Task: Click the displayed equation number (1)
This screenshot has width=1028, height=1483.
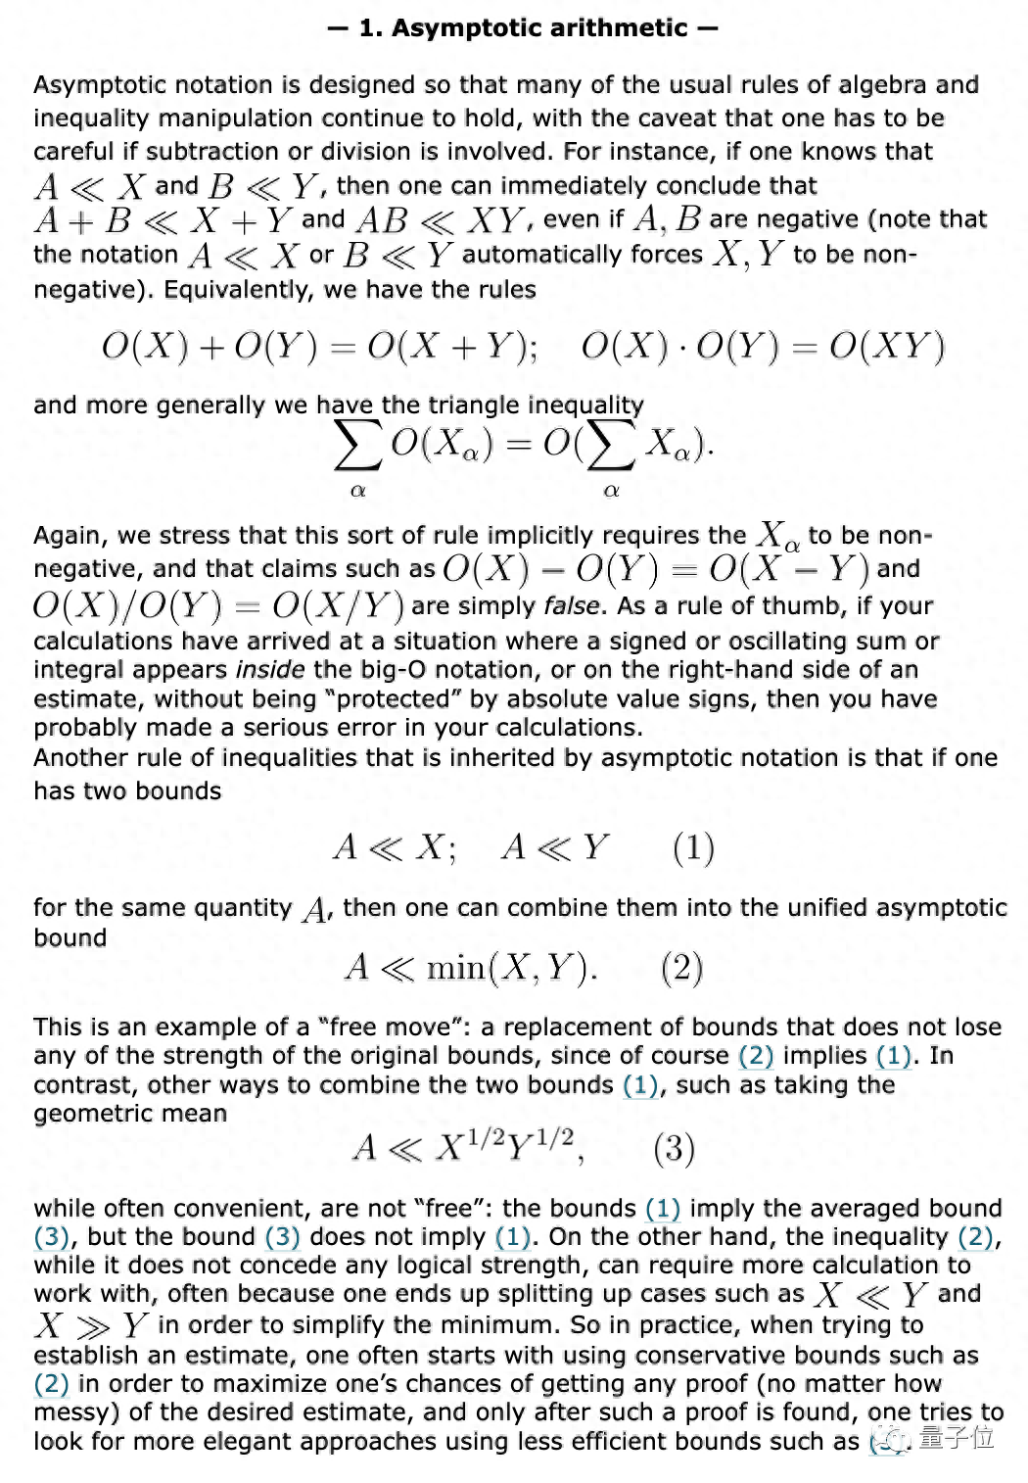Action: tap(693, 847)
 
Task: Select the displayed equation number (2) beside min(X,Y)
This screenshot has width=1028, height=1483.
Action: tap(681, 968)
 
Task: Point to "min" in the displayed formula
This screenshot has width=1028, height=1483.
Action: tap(455, 969)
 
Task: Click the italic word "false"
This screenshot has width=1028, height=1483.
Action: tap(571, 605)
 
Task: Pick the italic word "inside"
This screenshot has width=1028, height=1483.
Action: tap(270, 670)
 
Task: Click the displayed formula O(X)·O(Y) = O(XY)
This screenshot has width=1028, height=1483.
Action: tap(763, 347)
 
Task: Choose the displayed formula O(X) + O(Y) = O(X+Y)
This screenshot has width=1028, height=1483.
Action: tap(319, 347)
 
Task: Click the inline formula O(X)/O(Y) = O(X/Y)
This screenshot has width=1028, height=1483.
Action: tap(218, 605)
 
